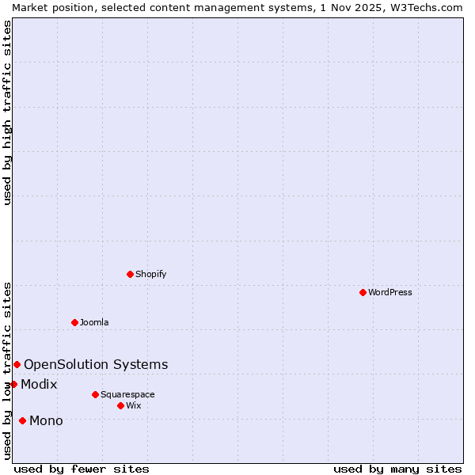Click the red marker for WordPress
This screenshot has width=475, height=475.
coord(363,292)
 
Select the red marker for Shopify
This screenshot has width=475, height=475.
coord(130,274)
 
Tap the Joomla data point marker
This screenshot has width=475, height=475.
coord(74,322)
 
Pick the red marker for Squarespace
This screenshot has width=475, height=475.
coord(95,394)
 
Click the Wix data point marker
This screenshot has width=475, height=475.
coord(120,405)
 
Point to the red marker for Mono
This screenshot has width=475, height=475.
coord(22,420)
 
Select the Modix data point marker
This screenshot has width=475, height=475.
coord(13,384)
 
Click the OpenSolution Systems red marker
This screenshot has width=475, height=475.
coord(17,364)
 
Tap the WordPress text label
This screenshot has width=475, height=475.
coord(390,292)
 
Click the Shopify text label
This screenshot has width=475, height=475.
coord(150,274)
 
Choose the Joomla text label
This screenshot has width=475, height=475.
coord(94,322)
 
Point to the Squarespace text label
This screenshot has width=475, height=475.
coord(127,394)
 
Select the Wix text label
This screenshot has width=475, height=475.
coord(133,405)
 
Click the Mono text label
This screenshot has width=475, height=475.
coord(46,420)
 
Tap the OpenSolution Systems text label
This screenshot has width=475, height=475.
coord(96,364)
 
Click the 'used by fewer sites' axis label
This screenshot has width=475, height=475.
coord(82,469)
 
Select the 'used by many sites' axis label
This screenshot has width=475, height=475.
coord(397,469)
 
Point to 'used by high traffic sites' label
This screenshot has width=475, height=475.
coord(7,112)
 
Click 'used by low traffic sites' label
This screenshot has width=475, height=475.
coord(7,370)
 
